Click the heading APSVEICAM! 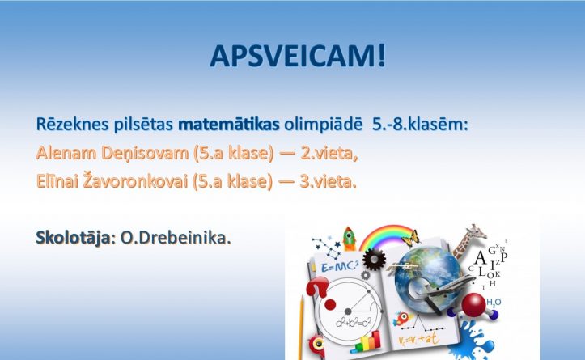point(298,57)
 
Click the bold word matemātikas point(229,125)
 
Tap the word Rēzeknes point(72,125)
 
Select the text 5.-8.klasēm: point(420,125)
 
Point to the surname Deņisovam point(145,154)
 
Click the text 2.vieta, point(329,154)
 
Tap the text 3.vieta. point(329,181)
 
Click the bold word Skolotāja point(73,239)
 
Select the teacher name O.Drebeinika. point(176,239)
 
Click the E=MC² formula point(340,266)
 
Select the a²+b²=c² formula point(354,322)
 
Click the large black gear point(374,259)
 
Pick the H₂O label point(494,303)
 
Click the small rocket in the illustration point(349,238)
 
